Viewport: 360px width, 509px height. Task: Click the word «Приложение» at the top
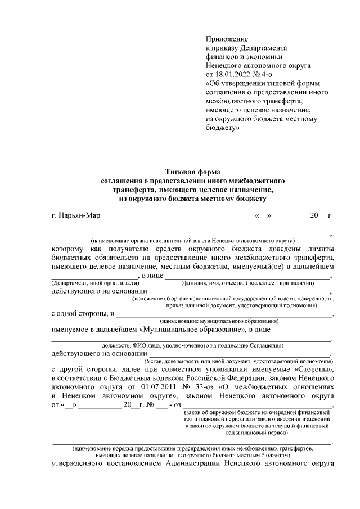(x=227, y=39)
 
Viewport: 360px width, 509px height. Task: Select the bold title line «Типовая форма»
(x=190, y=171)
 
